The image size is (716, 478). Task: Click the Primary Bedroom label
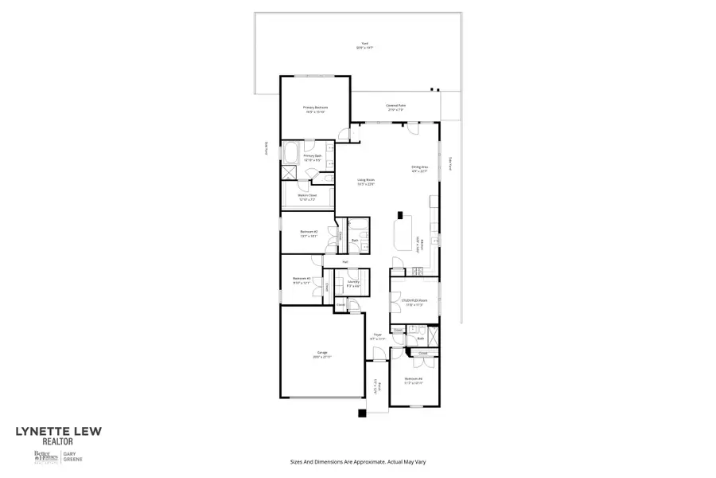point(316,110)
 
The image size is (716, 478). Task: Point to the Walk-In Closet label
point(308,197)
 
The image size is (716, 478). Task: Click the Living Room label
point(365,182)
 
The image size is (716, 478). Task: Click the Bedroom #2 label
point(309,233)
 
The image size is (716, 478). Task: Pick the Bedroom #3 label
point(302,280)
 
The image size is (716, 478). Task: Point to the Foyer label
point(377,338)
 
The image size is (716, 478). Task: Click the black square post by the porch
point(362,413)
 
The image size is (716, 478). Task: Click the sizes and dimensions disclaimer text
point(357,461)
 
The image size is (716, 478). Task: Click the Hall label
point(345,261)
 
